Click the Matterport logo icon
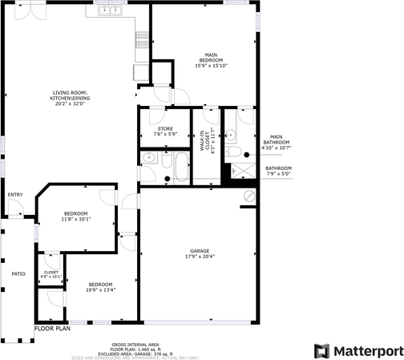[321, 350]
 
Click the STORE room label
[165, 128]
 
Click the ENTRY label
[15, 195]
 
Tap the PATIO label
[18, 274]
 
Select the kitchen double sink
[109, 11]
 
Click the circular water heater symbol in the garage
[248, 196]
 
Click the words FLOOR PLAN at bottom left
[53, 328]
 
